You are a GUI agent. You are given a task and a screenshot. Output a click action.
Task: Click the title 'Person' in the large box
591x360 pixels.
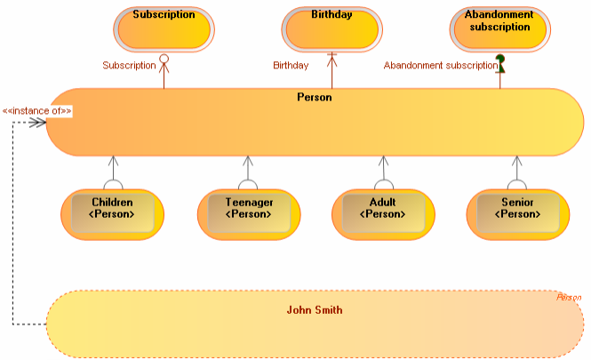[x=314, y=97]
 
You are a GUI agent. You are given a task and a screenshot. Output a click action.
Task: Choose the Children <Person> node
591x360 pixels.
[x=113, y=214]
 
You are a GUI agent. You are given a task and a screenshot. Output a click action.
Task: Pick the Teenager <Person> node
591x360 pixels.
[x=248, y=214]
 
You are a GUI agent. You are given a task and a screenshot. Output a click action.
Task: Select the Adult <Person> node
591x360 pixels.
[x=383, y=214]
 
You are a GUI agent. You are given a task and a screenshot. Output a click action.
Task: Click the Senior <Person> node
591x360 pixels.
[x=517, y=214]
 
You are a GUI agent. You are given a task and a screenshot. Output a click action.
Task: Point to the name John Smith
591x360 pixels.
[x=315, y=310]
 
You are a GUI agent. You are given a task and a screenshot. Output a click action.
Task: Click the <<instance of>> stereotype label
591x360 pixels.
[x=37, y=111]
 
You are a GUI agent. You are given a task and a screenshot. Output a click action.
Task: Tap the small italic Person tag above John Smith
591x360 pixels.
[x=569, y=298]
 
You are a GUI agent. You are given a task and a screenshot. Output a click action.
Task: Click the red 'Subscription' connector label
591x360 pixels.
[x=129, y=66]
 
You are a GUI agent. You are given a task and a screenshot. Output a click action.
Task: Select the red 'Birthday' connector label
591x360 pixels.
[x=291, y=66]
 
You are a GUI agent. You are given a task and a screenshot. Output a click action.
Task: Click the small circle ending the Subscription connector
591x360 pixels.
[x=164, y=60]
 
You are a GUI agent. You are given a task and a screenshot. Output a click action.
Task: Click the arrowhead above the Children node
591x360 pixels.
[x=113, y=162]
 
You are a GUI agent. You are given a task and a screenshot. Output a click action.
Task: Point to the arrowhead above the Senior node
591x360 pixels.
[x=517, y=162]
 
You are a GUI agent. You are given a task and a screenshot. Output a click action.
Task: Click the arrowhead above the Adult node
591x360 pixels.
[x=383, y=162]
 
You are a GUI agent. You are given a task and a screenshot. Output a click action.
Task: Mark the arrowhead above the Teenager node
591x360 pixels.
[x=248, y=162]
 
